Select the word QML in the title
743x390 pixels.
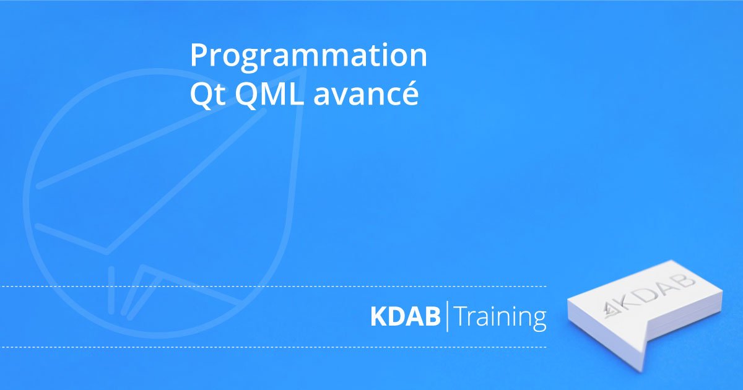(x=269, y=95)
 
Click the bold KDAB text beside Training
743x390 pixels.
(x=406, y=316)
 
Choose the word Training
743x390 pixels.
(x=501, y=318)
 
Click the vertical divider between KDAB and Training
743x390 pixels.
(x=448, y=316)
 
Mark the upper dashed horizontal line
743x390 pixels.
(x=273, y=286)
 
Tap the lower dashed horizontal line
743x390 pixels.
(x=273, y=347)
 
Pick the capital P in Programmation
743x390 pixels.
(x=199, y=54)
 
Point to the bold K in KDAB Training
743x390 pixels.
(x=378, y=316)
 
